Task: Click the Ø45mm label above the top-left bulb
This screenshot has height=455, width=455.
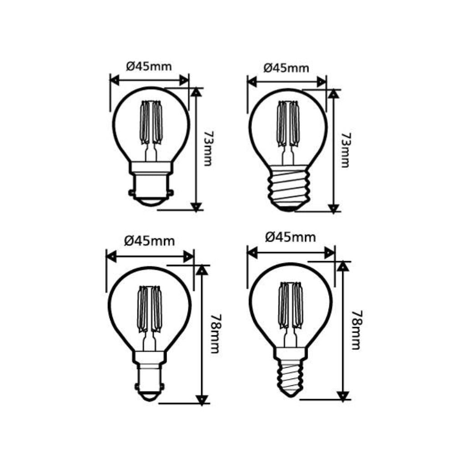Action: pyautogui.click(x=149, y=67)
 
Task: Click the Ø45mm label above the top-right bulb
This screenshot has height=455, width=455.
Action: pyautogui.click(x=286, y=68)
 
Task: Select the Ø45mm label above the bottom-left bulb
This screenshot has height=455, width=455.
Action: pyautogui.click(x=149, y=241)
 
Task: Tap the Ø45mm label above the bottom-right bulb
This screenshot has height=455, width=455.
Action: pyautogui.click(x=290, y=238)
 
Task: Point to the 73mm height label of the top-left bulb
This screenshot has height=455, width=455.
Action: pyautogui.click(x=208, y=149)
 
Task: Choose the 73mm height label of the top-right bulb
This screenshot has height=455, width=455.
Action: pyautogui.click(x=345, y=150)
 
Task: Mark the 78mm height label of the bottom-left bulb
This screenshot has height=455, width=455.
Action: pyautogui.click(x=214, y=334)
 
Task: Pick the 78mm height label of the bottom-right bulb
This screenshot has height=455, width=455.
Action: pyautogui.click(x=357, y=330)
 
